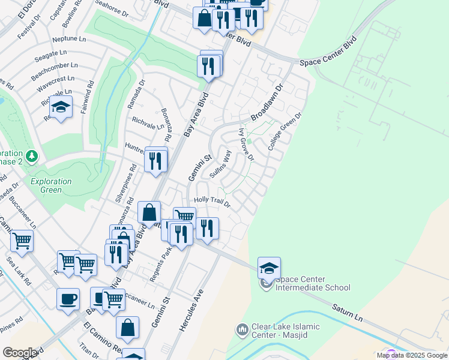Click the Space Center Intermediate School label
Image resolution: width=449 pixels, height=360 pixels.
312,283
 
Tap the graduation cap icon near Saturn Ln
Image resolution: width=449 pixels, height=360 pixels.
269,268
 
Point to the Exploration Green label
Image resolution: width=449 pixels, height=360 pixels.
51,185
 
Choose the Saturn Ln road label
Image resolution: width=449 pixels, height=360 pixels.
349,311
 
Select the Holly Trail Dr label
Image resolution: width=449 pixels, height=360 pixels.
211,202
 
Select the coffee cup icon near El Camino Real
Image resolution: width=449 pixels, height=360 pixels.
68,299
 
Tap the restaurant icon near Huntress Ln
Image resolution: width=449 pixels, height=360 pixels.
155,161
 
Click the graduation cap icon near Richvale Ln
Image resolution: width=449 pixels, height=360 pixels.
60,108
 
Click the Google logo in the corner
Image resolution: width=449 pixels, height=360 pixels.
19,353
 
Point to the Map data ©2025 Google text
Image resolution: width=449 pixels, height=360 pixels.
412,355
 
